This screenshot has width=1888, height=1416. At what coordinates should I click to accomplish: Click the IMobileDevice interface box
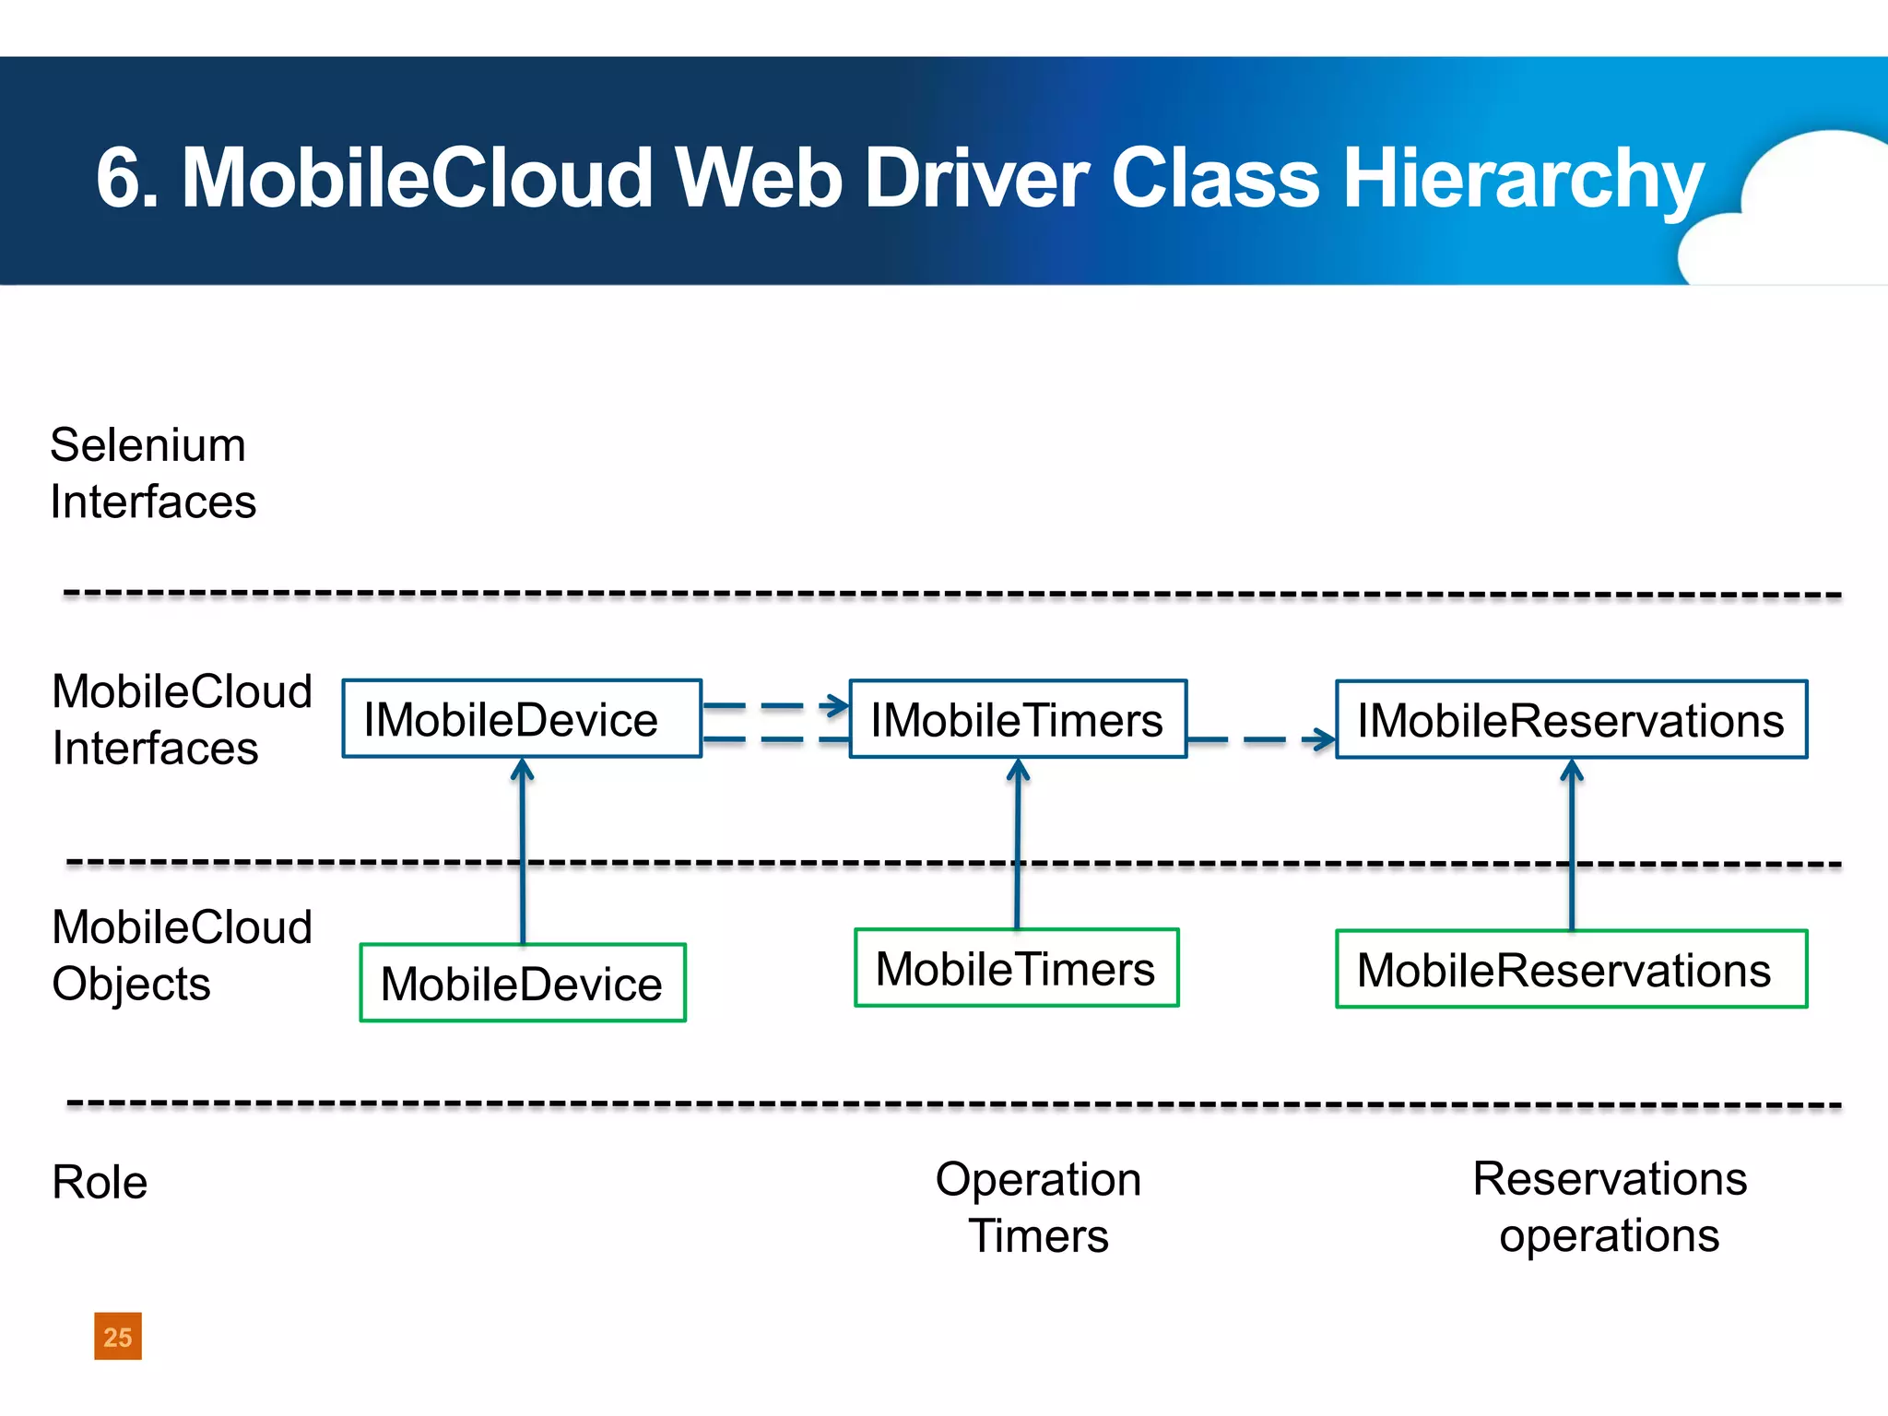point(522,719)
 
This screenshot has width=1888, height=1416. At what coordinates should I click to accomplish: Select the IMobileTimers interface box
point(1018,719)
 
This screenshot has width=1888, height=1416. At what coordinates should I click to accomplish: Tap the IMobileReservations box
point(1571,720)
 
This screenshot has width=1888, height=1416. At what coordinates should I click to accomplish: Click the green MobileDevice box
point(523,983)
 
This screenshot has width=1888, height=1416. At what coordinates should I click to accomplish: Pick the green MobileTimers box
point(1016,968)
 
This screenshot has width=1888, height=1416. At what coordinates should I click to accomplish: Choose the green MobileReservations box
point(1571,970)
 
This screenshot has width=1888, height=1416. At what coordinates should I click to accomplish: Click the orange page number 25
point(118,1336)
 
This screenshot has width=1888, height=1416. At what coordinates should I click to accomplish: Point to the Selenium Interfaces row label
point(152,473)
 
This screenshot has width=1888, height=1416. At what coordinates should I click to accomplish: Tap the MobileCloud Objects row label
point(182,955)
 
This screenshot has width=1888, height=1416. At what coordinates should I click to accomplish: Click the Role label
point(100,1182)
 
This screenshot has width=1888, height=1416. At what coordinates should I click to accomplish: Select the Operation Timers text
point(1038,1207)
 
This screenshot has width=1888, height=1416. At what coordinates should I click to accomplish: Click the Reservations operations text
point(1609,1207)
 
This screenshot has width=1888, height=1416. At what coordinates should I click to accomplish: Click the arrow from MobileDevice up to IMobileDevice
point(523,848)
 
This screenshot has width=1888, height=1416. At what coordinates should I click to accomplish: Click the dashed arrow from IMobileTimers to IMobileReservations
point(1261,739)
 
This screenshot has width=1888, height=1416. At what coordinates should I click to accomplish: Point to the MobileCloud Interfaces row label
point(182,719)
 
